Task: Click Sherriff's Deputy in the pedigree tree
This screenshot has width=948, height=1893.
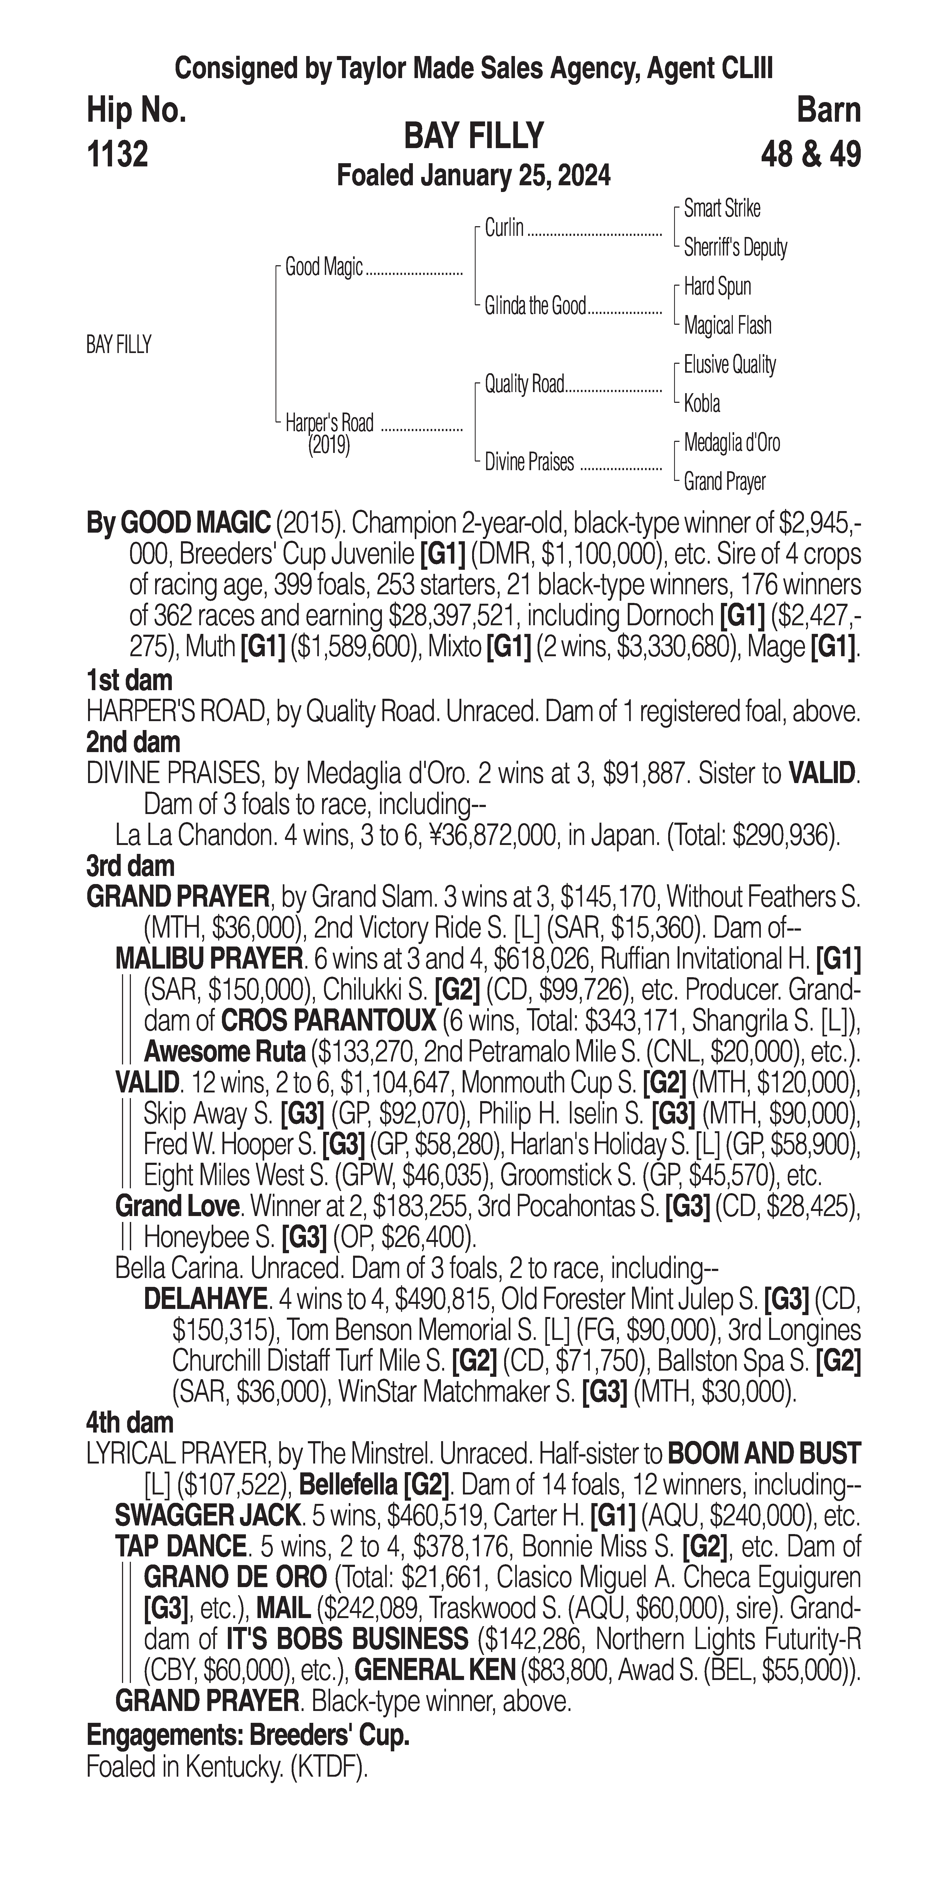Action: click(x=735, y=248)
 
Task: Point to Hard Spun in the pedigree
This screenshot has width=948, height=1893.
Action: click(x=717, y=287)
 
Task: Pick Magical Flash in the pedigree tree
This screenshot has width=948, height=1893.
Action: click(x=727, y=326)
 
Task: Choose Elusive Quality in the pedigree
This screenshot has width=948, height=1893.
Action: click(x=730, y=365)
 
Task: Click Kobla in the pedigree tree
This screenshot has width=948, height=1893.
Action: click(x=702, y=403)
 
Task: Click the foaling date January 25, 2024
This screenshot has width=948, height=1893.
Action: click(x=514, y=176)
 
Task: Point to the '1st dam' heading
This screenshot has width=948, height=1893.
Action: click(x=129, y=680)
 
